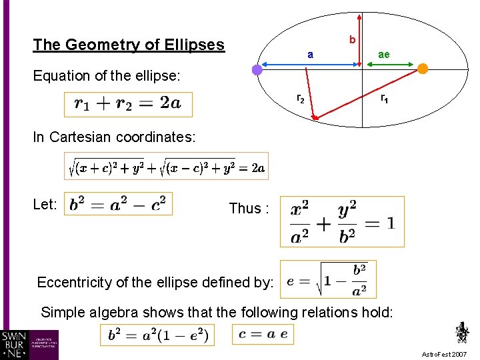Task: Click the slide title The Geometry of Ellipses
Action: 129,45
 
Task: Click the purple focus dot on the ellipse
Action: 258,69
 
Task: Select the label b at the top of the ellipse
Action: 352,41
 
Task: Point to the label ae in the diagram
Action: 384,55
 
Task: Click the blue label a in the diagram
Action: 310,54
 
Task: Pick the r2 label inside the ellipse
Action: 301,99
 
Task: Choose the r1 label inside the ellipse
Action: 385,99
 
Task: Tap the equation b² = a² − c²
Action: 118,204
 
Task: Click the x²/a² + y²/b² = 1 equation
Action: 342,221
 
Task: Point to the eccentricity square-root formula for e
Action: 328,279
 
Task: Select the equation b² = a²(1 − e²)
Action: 157,335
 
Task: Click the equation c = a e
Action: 263,334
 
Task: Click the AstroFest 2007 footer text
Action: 445,354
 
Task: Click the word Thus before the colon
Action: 245,209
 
